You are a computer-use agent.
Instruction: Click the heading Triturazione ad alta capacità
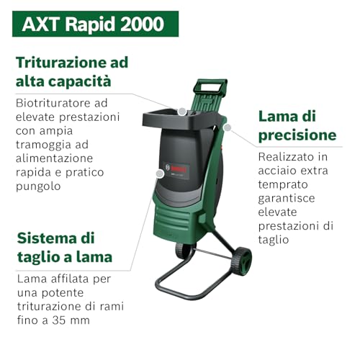click(x=71, y=71)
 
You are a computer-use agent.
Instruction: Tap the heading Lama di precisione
click(x=297, y=125)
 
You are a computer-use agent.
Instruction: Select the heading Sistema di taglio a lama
click(x=64, y=247)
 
